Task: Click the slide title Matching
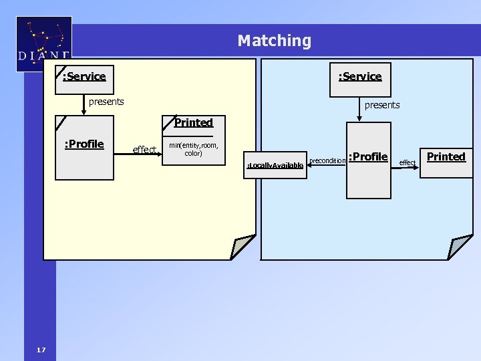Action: tap(274, 41)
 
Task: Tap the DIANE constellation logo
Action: tap(43, 44)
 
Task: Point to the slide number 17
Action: tap(41, 350)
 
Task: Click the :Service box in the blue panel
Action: tap(360, 76)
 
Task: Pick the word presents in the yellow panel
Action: tap(106, 102)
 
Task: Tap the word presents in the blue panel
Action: tap(382, 105)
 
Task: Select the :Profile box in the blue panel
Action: tap(368, 160)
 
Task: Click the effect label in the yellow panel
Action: tap(144, 149)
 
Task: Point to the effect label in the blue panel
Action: tap(407, 162)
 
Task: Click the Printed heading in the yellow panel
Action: tap(193, 122)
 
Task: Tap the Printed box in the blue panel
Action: tap(446, 162)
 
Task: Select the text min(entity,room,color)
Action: tap(193, 149)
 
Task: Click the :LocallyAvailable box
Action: tap(275, 164)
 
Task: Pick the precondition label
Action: tap(327, 160)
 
